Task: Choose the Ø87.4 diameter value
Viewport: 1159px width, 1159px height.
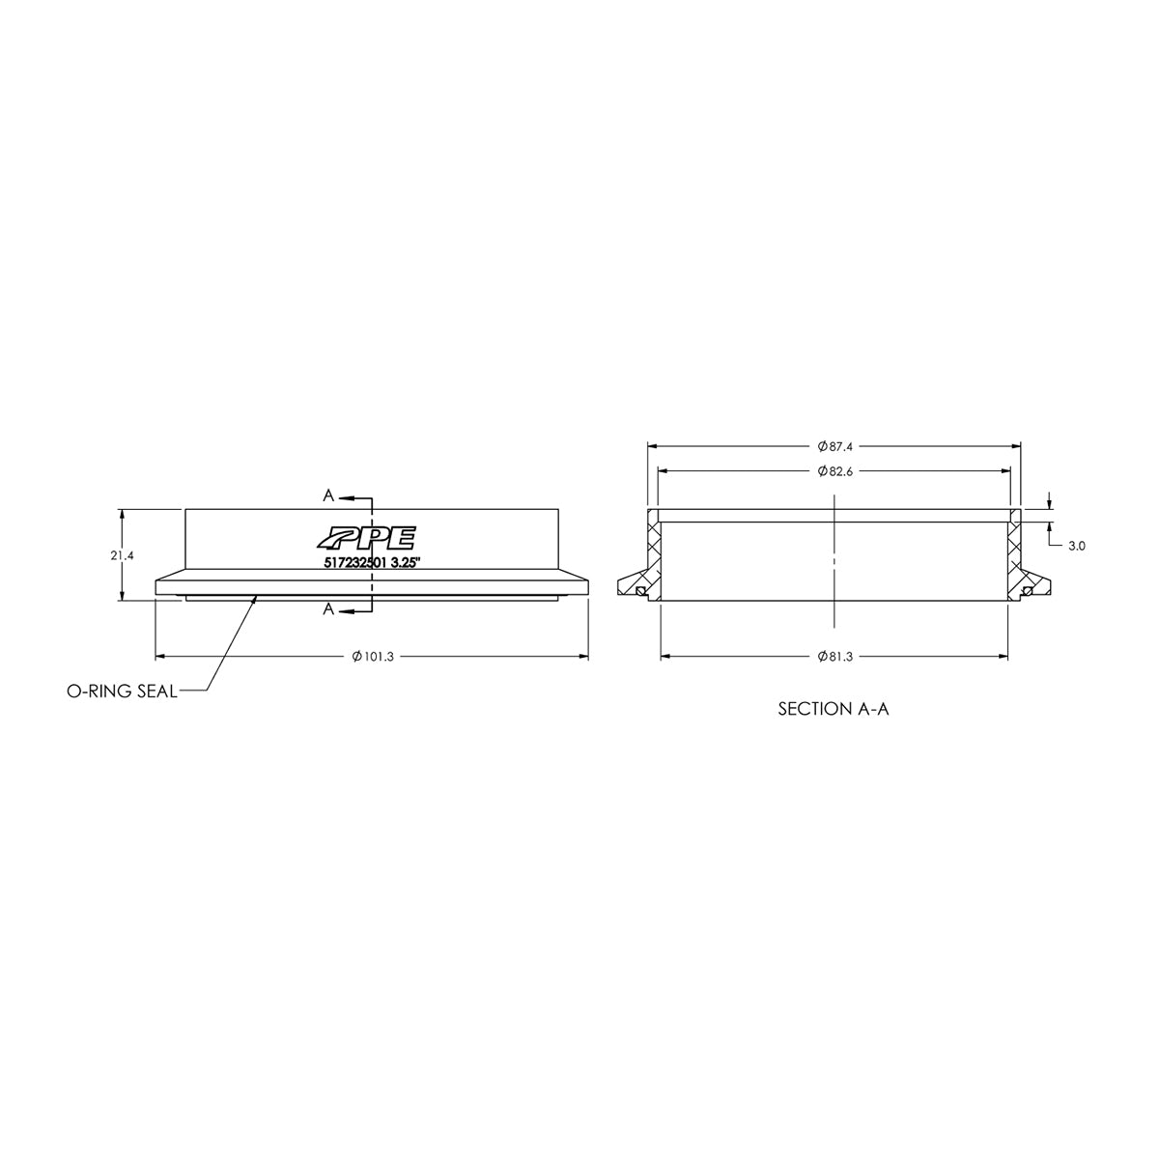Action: (x=834, y=446)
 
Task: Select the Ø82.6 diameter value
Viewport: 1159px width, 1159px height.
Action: (x=834, y=470)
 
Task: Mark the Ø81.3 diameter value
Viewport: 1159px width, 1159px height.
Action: (x=834, y=657)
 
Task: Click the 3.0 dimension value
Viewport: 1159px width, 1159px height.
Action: (x=1078, y=546)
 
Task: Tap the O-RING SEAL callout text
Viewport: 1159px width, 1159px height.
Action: (x=122, y=692)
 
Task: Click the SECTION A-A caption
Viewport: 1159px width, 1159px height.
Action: (x=833, y=709)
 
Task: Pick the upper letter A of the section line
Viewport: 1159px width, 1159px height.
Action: (x=328, y=495)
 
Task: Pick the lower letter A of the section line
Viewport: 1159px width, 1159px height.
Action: (x=328, y=608)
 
